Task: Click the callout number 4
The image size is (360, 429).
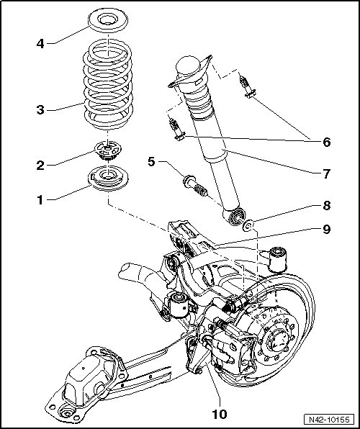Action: [x=40, y=44]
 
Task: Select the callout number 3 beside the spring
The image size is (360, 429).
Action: [x=40, y=110]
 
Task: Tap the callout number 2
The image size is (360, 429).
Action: [x=40, y=166]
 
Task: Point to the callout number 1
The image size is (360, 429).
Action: [x=40, y=200]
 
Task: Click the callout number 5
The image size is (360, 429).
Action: [x=151, y=161]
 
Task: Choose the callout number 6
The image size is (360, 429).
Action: [x=327, y=143]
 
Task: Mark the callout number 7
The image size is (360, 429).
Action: [x=327, y=174]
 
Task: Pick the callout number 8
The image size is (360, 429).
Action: [x=327, y=205]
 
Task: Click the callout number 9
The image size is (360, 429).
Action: [x=327, y=230]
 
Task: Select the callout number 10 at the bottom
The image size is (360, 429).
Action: [x=220, y=415]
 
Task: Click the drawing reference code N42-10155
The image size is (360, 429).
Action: [x=329, y=420]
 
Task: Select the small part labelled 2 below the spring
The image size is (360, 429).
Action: [x=108, y=151]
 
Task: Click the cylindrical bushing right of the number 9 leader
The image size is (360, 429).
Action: [x=278, y=259]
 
